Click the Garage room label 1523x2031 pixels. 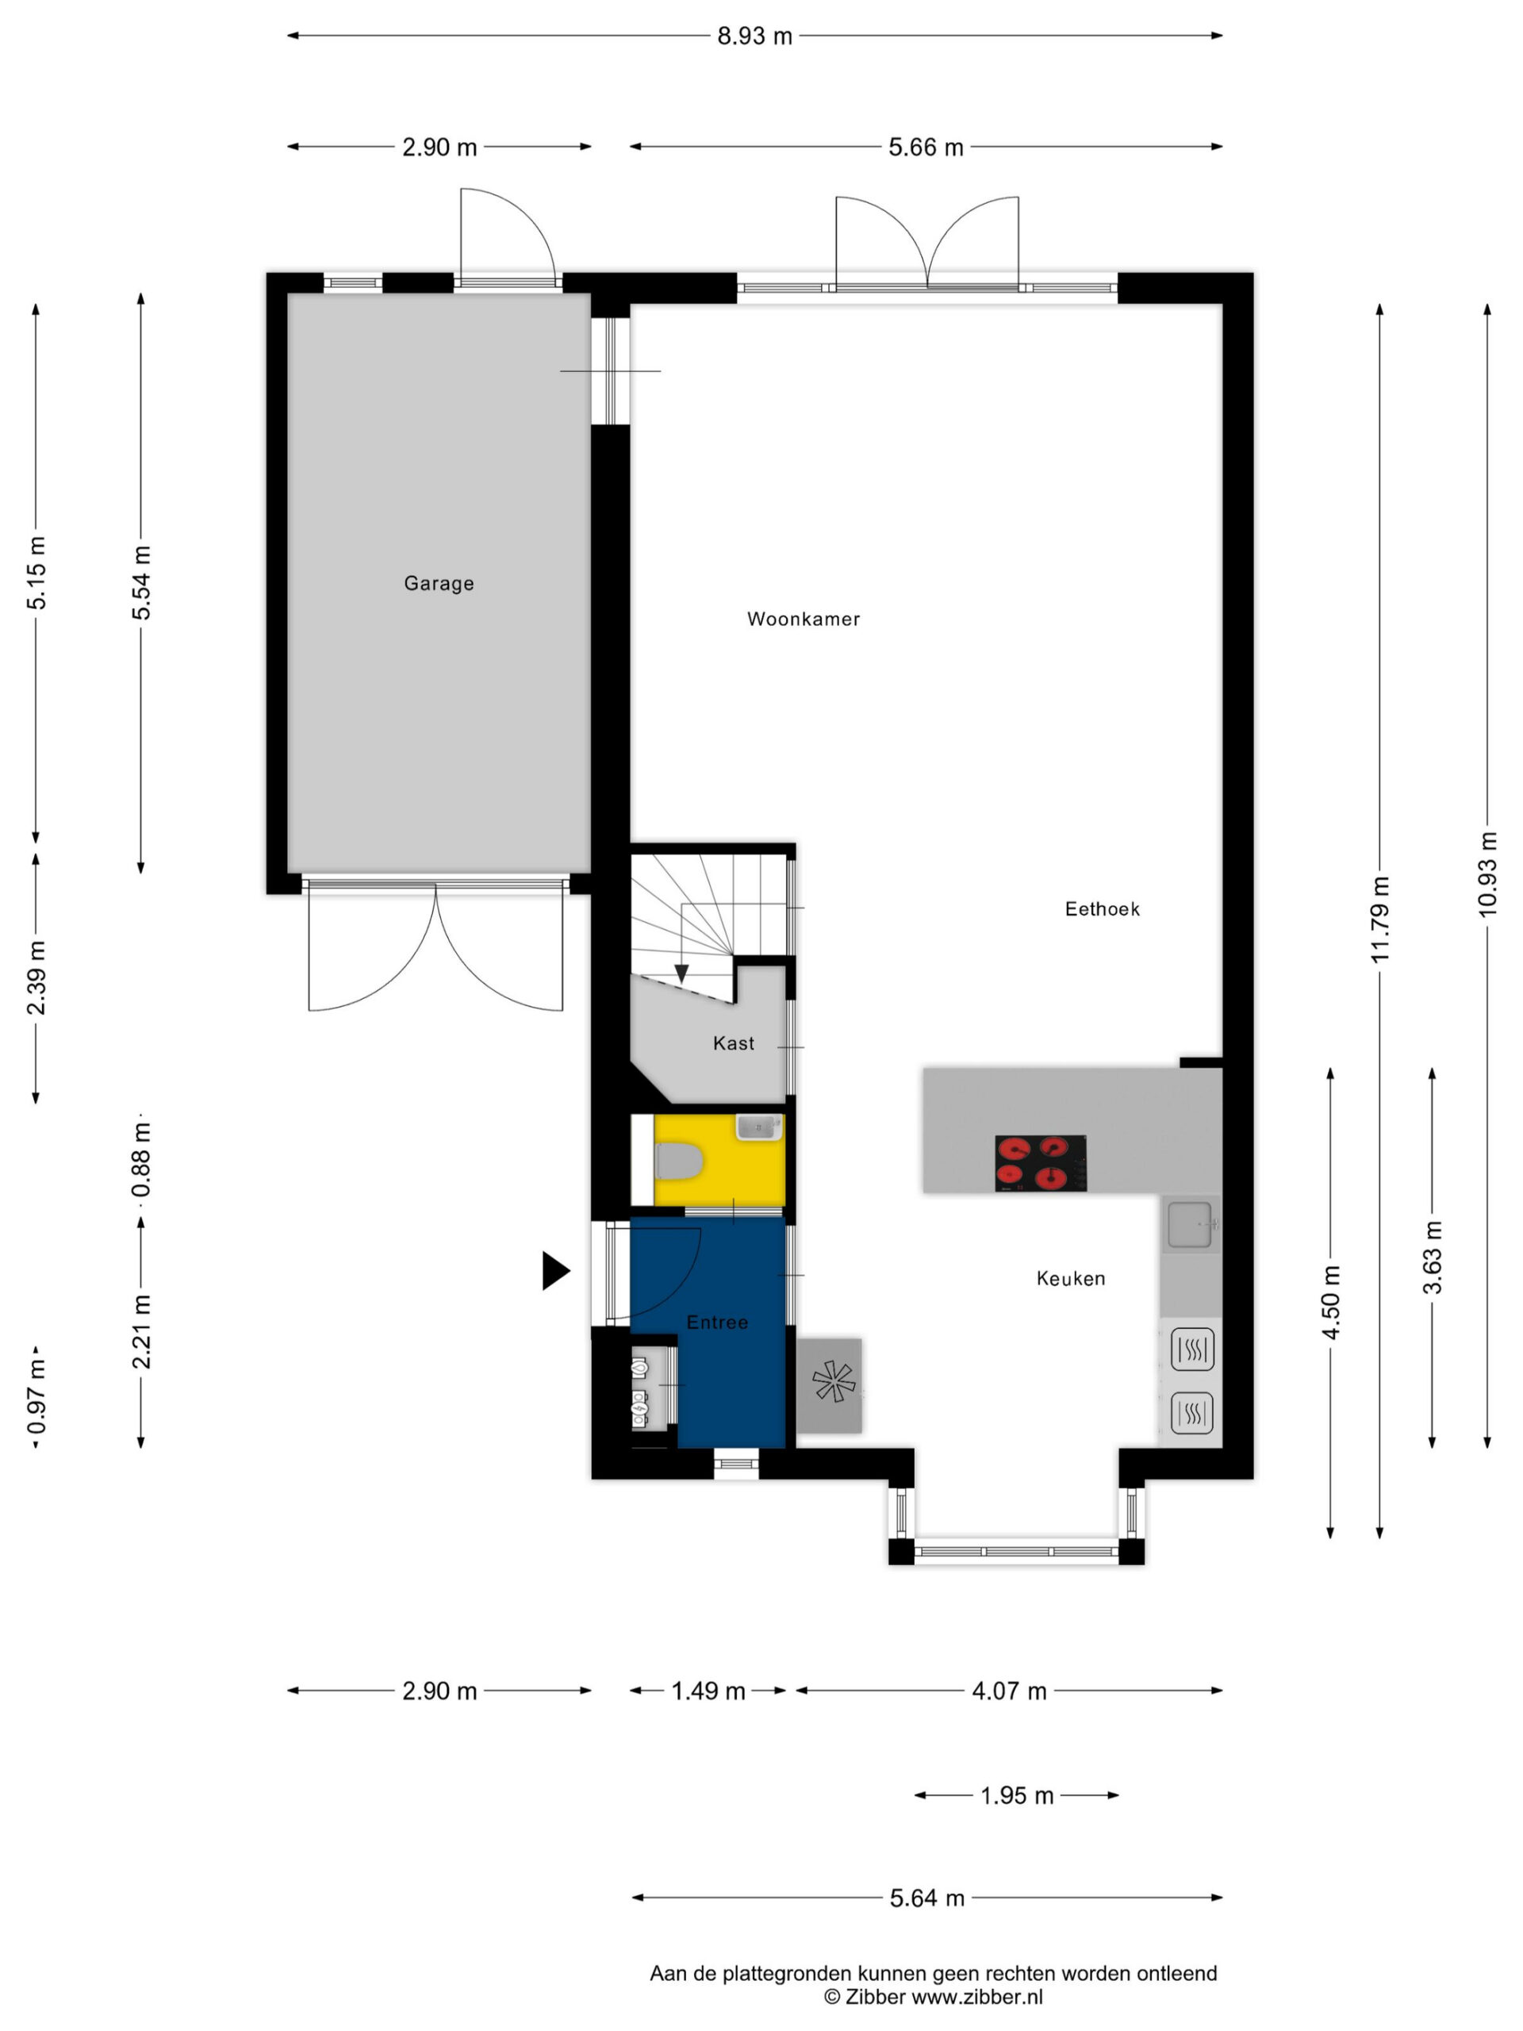(x=439, y=584)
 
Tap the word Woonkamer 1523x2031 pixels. (x=804, y=620)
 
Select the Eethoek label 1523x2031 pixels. (x=1102, y=909)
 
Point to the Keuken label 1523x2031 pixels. (x=1070, y=1278)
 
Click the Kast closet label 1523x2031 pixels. (x=734, y=1043)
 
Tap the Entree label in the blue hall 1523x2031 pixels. (x=717, y=1323)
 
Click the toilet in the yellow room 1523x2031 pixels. (x=678, y=1161)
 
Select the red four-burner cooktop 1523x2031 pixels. (x=1040, y=1162)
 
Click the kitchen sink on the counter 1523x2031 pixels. (x=1190, y=1225)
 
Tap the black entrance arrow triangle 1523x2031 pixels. (x=554, y=1271)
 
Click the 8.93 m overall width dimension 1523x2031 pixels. (x=754, y=36)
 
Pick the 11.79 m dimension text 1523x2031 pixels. (x=1379, y=919)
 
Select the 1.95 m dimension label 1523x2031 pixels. (x=1016, y=1795)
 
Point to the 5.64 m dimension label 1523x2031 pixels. (x=926, y=1898)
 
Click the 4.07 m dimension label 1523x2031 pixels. (x=1009, y=1691)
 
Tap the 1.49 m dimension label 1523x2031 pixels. (x=708, y=1691)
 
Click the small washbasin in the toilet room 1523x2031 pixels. (x=758, y=1127)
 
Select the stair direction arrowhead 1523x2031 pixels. (x=681, y=973)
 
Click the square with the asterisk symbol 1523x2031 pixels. (x=829, y=1384)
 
